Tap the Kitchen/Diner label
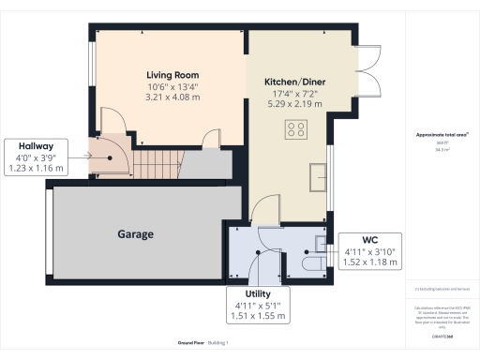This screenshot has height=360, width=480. tap(294, 82)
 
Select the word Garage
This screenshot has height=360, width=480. tap(135, 234)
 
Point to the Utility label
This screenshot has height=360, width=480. tap(257, 294)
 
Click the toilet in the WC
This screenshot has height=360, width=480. tap(316, 265)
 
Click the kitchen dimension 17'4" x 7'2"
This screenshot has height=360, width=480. tap(294, 95)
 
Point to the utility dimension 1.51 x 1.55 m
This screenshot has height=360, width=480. tap(257, 317)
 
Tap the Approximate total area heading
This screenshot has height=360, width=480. tap(434, 135)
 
